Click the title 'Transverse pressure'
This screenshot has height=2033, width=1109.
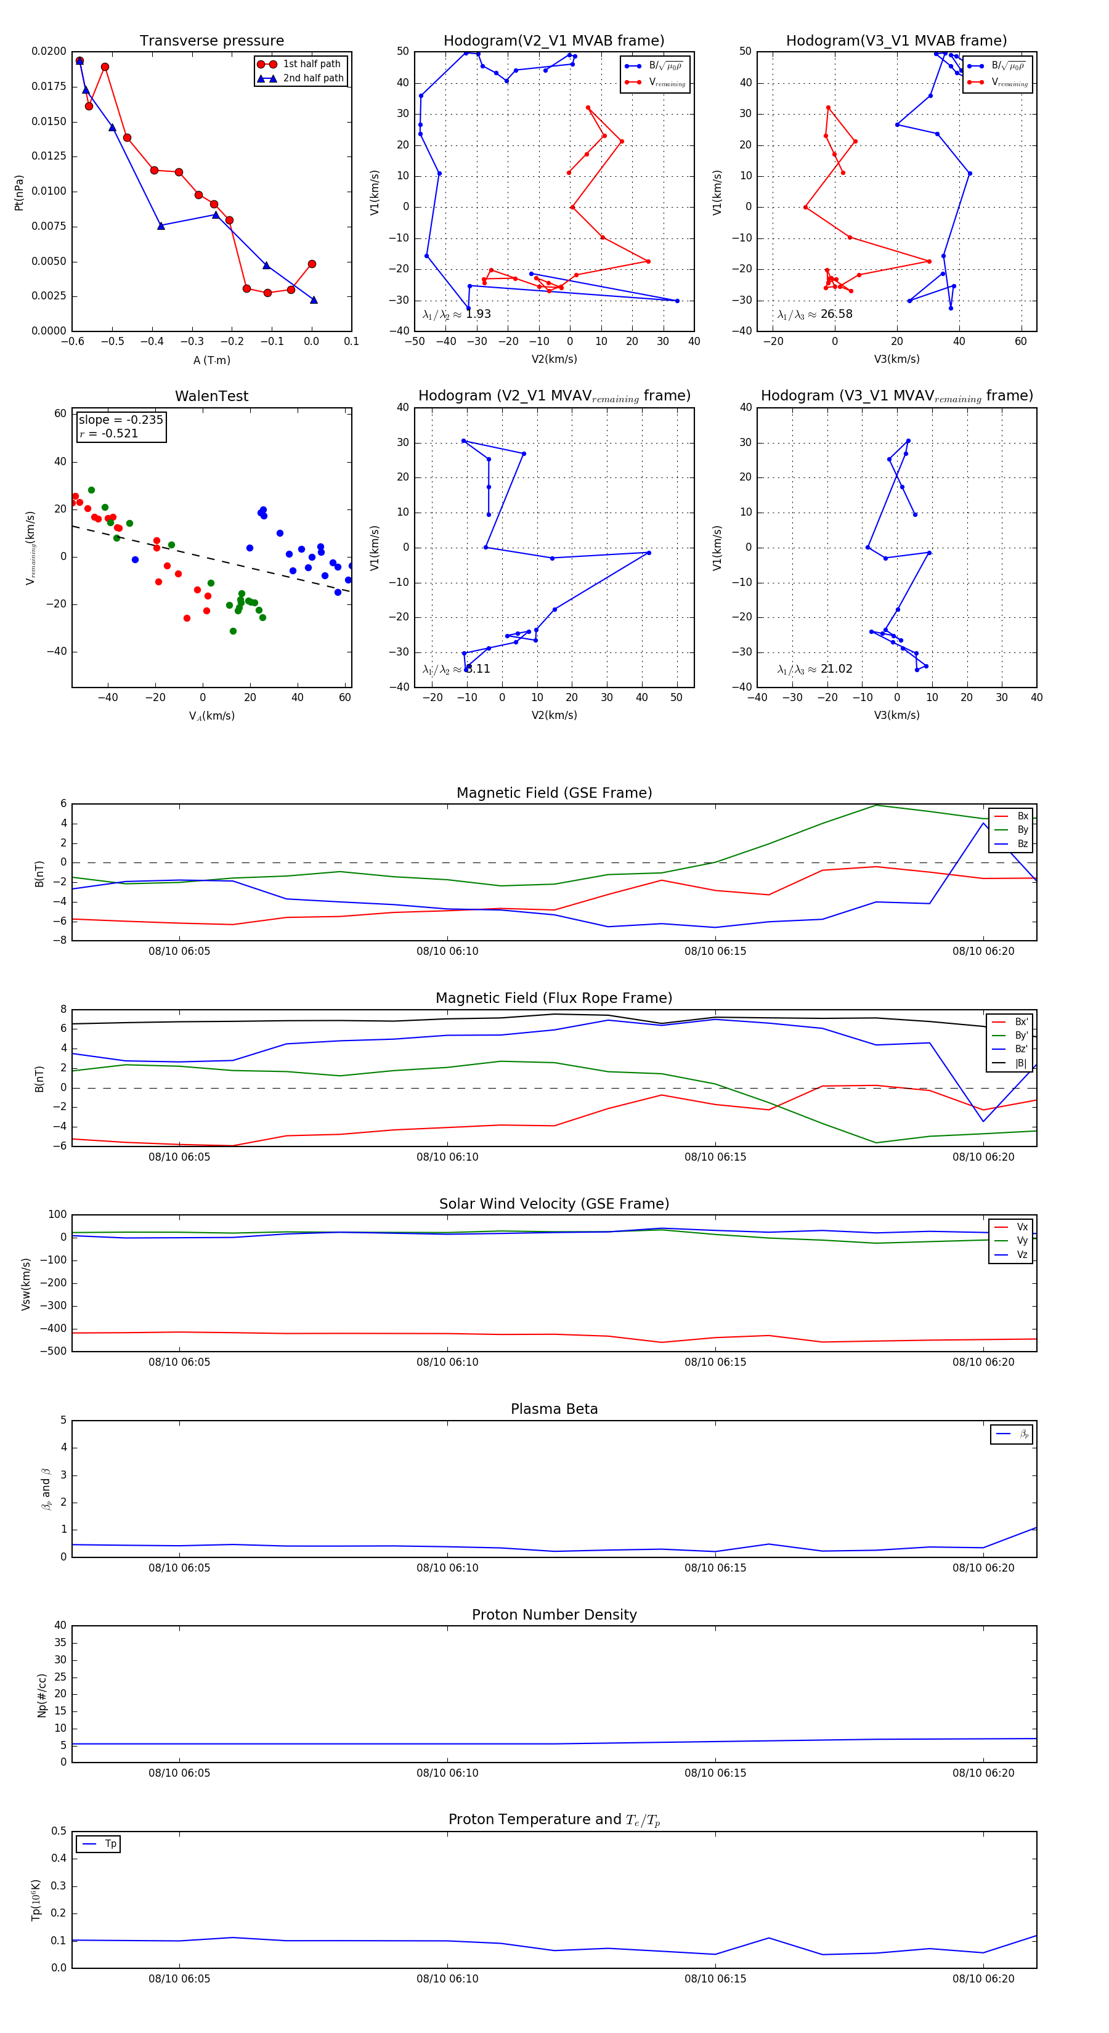point(211,41)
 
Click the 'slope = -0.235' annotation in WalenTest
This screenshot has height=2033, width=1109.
point(121,420)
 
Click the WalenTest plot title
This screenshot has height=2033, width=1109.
point(211,396)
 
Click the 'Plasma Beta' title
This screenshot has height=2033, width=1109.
point(554,1409)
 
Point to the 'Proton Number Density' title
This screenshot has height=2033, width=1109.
point(554,1615)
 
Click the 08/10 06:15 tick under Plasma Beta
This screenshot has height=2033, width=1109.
point(715,1567)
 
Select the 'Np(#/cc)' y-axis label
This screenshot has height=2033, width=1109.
point(43,1695)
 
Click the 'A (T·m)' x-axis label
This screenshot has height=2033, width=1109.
point(211,360)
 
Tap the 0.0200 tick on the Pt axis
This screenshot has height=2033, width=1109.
point(49,51)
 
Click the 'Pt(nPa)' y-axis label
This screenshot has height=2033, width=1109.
point(19,193)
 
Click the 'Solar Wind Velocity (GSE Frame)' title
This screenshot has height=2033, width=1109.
point(554,1204)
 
